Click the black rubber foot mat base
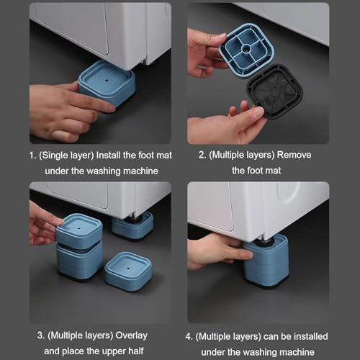coord(275,91)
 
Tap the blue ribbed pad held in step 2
coord(247,50)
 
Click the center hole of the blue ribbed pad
coord(246,49)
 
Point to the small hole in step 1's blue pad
coord(107,81)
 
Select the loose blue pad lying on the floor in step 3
coord(128,271)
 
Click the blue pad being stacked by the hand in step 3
coord(79,231)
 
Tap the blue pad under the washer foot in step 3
coord(132,226)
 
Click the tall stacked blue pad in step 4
coord(266,261)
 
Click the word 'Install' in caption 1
coord(108,156)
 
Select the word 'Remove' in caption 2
coord(294,155)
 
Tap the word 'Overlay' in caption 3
coord(132,336)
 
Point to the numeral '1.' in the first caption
coord(32,156)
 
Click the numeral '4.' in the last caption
coord(189,337)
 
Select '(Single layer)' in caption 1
coord(66,156)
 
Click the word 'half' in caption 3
coord(136,351)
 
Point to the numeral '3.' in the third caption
coord(41,336)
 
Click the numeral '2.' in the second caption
coord(202,155)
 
